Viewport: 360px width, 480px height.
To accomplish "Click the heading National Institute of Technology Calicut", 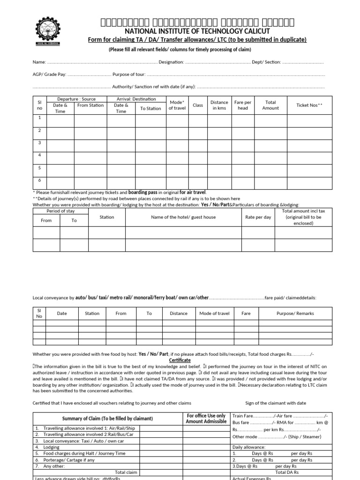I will click(197, 31).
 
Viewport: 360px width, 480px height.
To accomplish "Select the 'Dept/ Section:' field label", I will click(266, 62).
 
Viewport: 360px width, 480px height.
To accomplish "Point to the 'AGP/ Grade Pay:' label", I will click(49, 74).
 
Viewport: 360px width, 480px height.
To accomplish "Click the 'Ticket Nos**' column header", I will click(309, 105).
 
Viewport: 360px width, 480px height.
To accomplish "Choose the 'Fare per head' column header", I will click(243, 105).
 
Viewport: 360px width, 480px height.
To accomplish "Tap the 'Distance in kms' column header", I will click(219, 105).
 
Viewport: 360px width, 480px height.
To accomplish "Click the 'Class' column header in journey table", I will click(198, 105).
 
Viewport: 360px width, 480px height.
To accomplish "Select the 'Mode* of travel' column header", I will click(177, 105).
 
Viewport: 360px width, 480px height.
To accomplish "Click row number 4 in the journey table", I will click(39, 155).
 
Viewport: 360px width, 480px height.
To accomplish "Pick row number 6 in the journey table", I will click(39, 180).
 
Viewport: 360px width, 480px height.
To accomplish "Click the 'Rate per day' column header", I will click(258, 217).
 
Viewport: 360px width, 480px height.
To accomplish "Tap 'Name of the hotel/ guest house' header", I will click(183, 217).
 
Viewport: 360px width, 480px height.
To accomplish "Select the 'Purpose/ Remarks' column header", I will click(295, 313).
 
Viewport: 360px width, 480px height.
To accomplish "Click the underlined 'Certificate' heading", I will click(180, 360).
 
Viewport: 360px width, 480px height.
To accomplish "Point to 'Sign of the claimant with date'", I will click(276, 403).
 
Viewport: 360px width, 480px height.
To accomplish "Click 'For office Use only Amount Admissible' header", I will click(206, 419).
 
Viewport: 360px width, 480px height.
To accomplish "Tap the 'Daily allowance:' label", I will click(249, 447).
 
